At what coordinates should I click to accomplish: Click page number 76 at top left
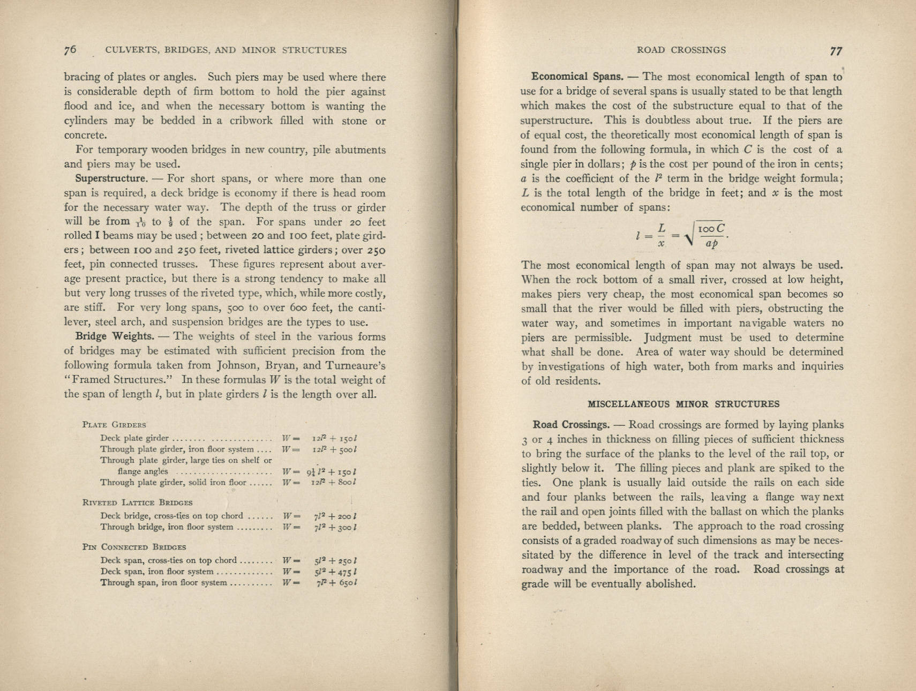click(x=70, y=50)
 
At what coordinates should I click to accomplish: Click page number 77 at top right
click(x=836, y=51)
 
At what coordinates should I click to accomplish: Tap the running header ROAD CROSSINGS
click(x=681, y=50)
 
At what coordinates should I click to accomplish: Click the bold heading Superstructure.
click(x=111, y=178)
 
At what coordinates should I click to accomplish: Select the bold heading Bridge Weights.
click(x=115, y=336)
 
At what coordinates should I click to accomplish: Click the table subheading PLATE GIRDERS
click(x=114, y=425)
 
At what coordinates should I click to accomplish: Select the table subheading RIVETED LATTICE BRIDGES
click(x=137, y=502)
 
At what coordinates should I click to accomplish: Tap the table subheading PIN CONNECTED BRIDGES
click(x=134, y=547)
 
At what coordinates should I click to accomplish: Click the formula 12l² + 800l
click(x=335, y=482)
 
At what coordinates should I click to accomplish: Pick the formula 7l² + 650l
click(x=336, y=583)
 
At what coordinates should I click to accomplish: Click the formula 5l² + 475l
click(x=336, y=572)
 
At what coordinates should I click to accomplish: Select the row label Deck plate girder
click(x=134, y=438)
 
